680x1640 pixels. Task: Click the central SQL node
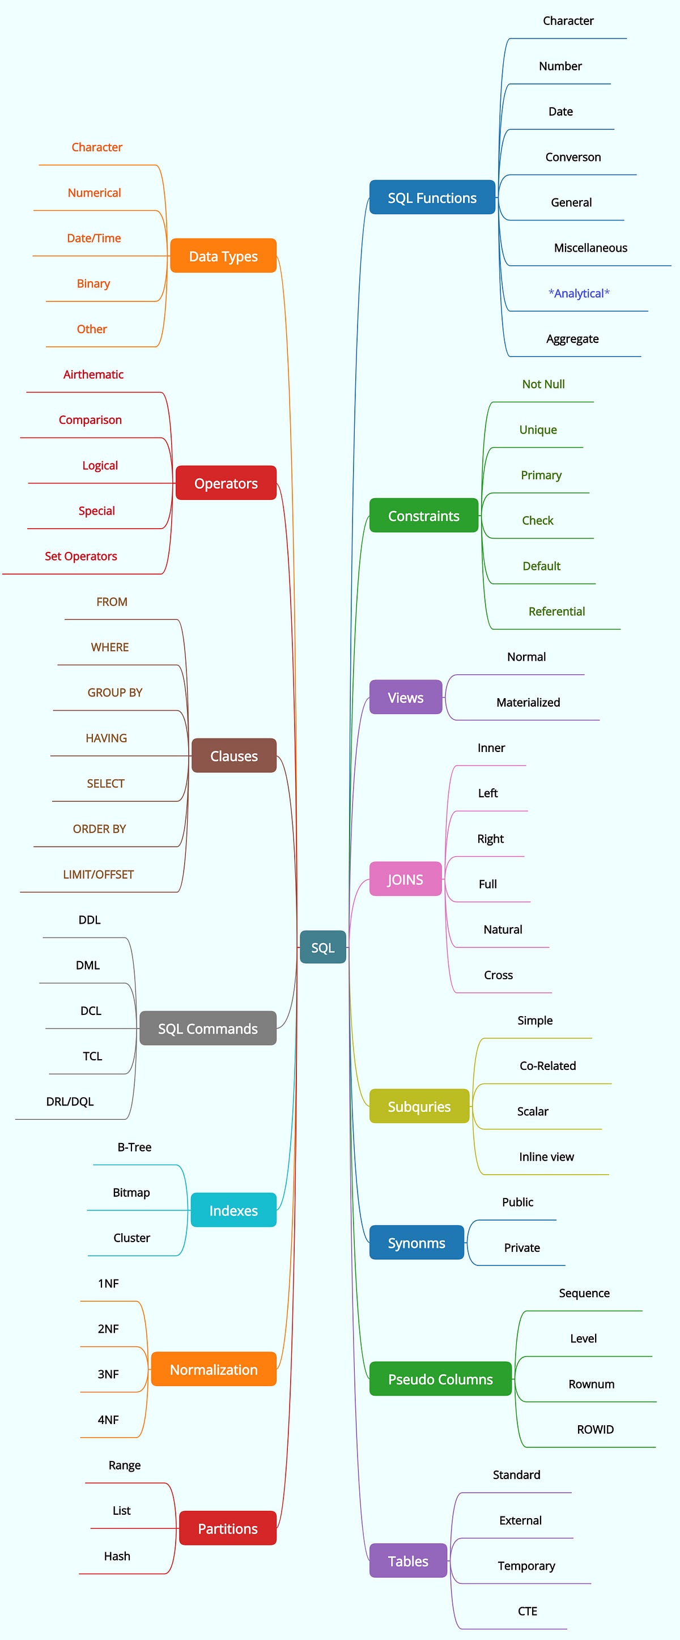[323, 948]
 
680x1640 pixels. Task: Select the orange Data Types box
[223, 256]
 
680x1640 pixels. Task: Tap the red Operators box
[226, 483]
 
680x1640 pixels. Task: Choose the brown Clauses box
[233, 756]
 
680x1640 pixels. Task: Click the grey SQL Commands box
[207, 1029]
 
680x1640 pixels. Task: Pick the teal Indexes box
[233, 1210]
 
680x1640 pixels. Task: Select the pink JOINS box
[405, 879]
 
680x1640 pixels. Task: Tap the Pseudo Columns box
[440, 1379]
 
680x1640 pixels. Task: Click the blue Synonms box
[416, 1243]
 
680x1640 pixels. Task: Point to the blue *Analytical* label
[579, 294]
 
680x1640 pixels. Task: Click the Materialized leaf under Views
[528, 702]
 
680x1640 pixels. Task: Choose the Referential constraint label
[556, 611]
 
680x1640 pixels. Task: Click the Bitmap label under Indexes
[131, 1192]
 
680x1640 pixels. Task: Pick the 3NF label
[108, 1374]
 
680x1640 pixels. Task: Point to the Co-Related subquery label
[547, 1066]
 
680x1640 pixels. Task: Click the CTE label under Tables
[527, 1611]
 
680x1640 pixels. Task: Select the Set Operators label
[81, 556]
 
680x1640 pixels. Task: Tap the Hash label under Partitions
[117, 1556]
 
